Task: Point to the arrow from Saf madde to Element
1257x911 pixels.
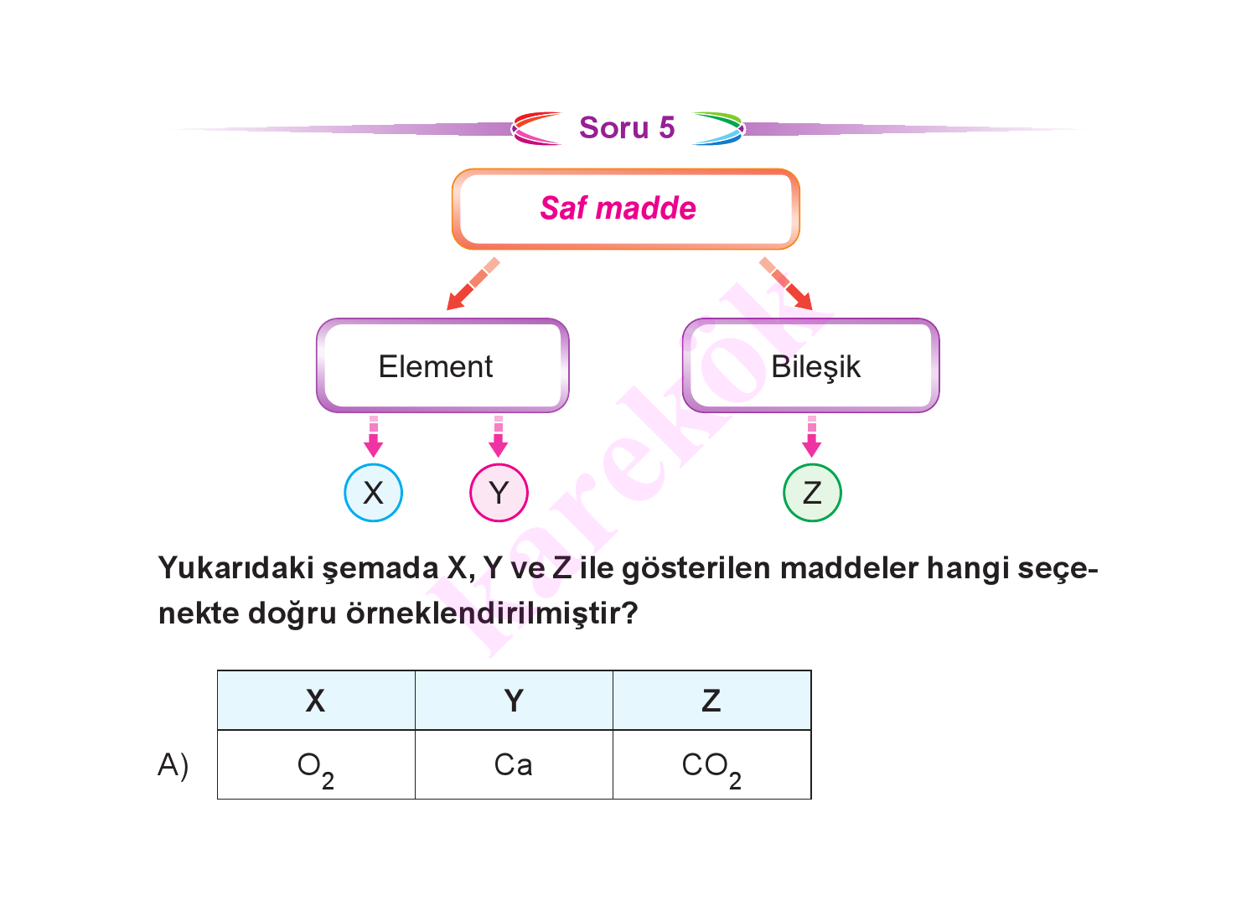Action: coord(473,284)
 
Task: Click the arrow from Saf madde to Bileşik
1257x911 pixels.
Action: coord(786,284)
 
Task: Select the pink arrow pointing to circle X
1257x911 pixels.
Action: coord(374,437)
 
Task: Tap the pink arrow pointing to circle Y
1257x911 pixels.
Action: coord(499,437)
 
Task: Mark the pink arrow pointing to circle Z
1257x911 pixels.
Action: coord(812,437)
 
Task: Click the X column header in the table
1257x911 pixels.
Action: coord(316,701)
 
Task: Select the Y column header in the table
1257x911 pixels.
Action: coord(514,701)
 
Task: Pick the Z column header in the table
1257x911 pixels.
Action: coord(712,701)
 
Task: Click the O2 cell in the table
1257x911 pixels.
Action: coord(316,764)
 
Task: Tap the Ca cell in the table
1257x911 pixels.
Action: coord(514,764)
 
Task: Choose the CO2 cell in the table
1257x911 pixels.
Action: coord(712,764)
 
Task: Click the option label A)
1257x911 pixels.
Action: coord(173,766)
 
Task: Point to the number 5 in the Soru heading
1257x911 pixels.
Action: coord(667,127)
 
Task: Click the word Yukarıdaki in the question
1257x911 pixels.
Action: coord(236,567)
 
